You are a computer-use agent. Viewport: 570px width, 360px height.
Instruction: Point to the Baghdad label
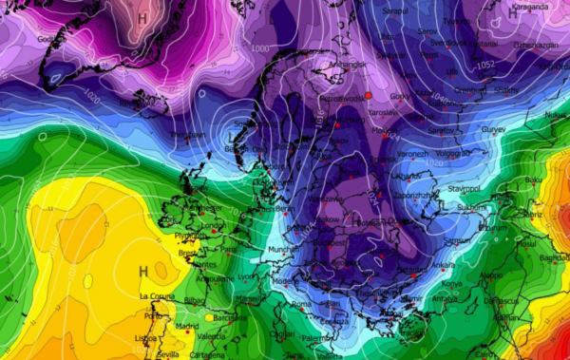(552, 258)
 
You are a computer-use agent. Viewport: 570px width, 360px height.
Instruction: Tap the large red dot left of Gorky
(369, 95)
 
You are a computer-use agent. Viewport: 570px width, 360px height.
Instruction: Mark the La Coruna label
(158, 297)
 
